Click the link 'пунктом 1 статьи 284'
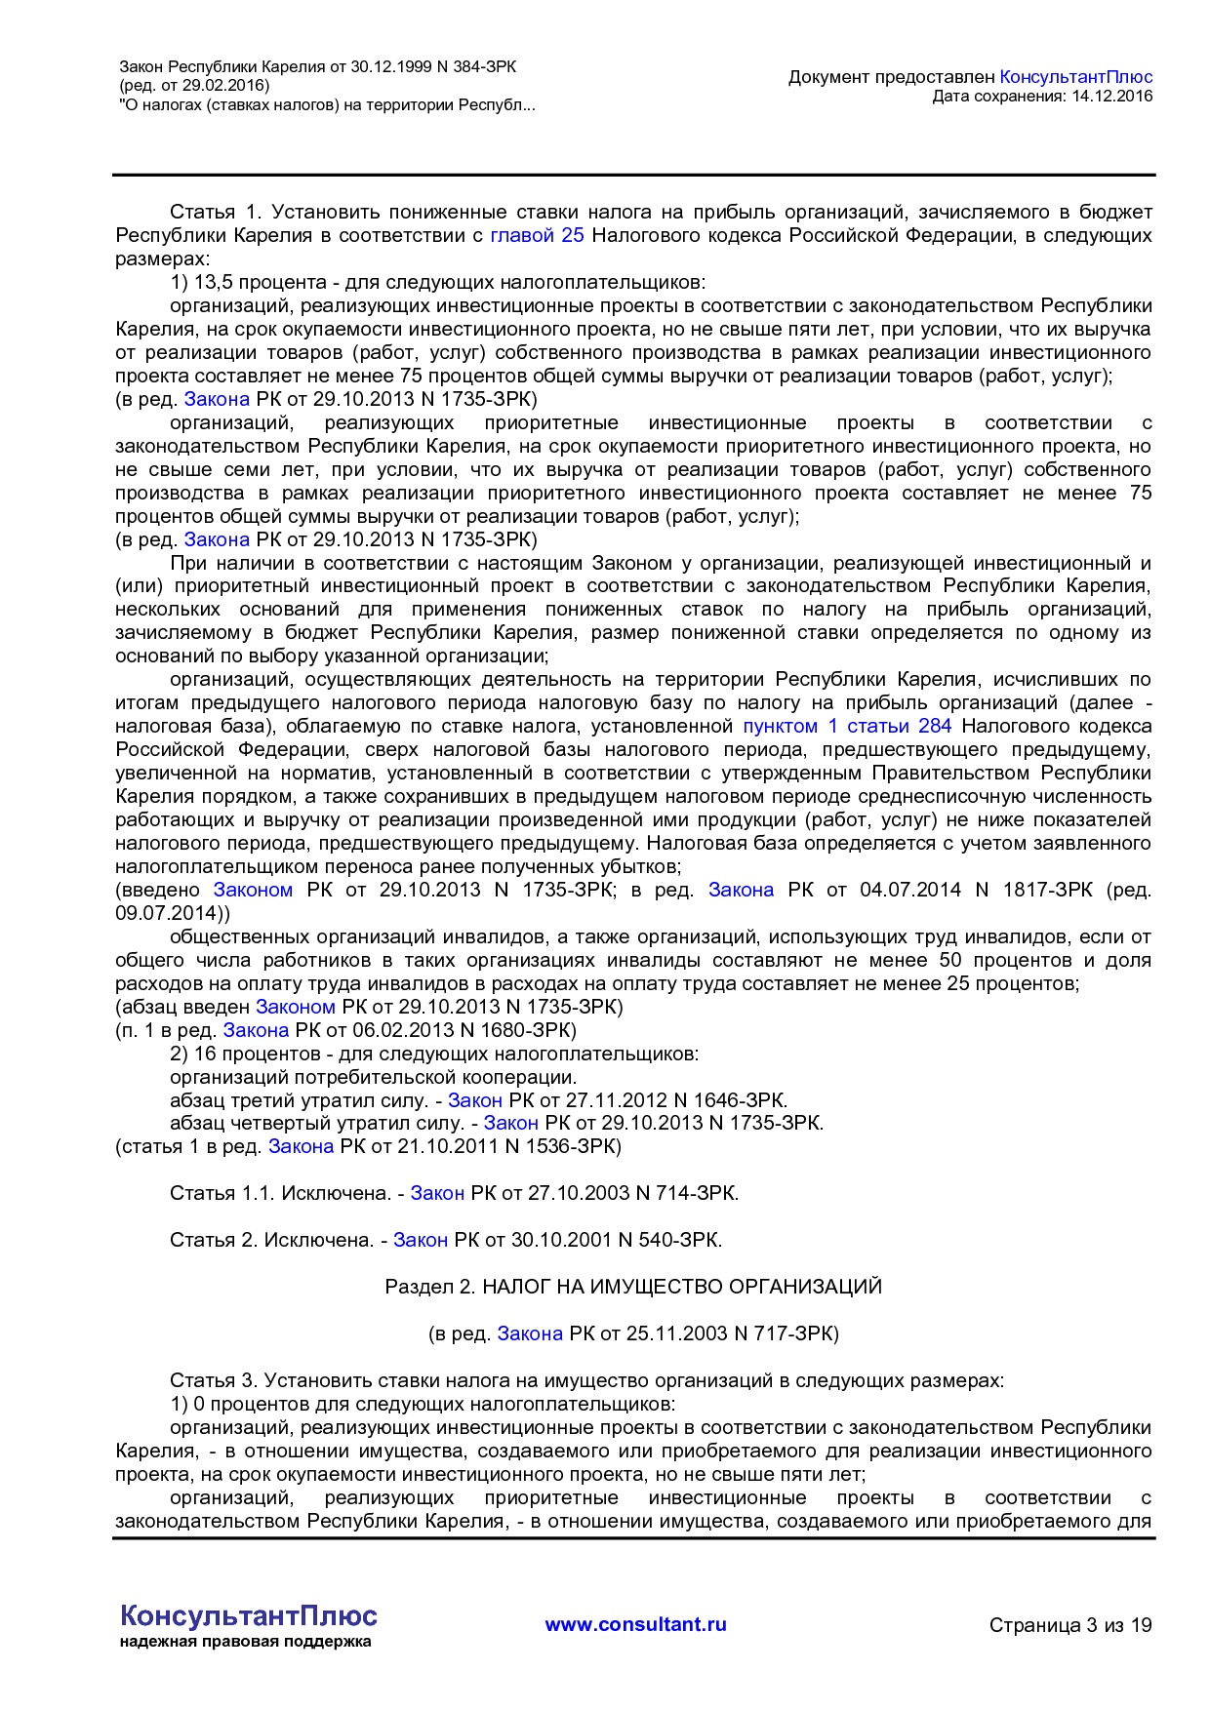tap(847, 726)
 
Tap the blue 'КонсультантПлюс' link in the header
tap(1075, 77)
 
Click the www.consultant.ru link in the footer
tap(635, 1624)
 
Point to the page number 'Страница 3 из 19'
tap(1070, 1625)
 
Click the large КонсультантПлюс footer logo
tap(248, 1615)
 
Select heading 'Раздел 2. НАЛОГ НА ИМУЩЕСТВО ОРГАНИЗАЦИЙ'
tap(633, 1287)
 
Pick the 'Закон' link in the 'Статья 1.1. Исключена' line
tap(436, 1193)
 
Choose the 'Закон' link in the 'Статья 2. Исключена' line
tap(420, 1240)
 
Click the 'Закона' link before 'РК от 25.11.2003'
tap(530, 1333)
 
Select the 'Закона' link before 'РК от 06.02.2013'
tap(256, 1030)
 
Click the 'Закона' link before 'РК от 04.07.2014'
tap(741, 890)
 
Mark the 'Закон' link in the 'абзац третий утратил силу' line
tap(474, 1100)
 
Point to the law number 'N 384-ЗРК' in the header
tap(477, 67)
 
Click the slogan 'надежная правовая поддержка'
tap(245, 1642)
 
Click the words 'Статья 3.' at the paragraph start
tap(214, 1380)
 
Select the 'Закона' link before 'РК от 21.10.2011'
tap(301, 1146)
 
